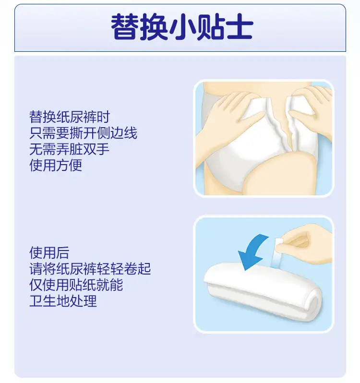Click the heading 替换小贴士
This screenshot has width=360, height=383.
tap(182, 27)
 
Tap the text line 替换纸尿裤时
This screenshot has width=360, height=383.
tap(70, 117)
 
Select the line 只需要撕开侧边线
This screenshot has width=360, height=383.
tap(84, 133)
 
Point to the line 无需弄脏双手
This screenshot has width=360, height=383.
tap(70, 149)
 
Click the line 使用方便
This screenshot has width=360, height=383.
tap(56, 165)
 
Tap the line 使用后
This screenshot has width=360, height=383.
tap(49, 252)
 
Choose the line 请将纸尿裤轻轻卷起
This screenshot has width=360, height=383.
tap(90, 269)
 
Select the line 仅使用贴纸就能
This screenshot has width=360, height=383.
tap(76, 285)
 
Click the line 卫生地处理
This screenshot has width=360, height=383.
tap(63, 301)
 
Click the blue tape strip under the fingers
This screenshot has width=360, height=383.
tap(276, 259)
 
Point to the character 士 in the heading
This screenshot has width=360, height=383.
tap(240, 27)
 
